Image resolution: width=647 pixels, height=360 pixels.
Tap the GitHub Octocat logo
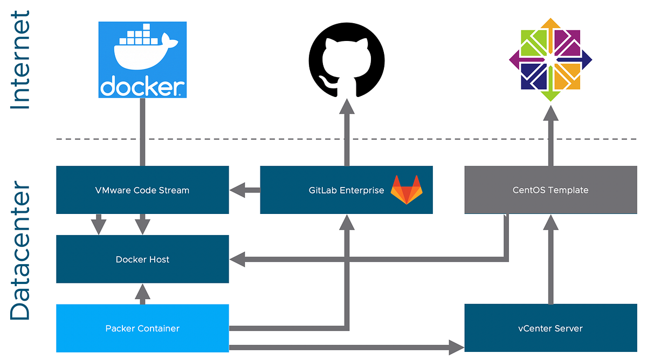tap(346, 59)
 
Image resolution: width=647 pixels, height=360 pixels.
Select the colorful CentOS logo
tap(550, 59)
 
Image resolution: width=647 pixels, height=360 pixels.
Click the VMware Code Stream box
tap(142, 190)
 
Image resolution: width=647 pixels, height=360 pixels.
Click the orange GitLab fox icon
tap(407, 190)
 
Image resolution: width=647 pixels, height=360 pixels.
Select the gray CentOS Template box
tap(550, 190)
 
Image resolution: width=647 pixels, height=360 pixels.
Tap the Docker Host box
tap(142, 259)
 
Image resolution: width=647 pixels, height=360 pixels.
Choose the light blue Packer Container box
tap(142, 328)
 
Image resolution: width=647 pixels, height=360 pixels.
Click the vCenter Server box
tap(550, 328)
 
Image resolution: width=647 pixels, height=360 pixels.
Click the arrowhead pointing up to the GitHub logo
tap(347, 108)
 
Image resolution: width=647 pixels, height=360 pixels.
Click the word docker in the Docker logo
tap(142, 87)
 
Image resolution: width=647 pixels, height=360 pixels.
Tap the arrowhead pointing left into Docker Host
tap(238, 259)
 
